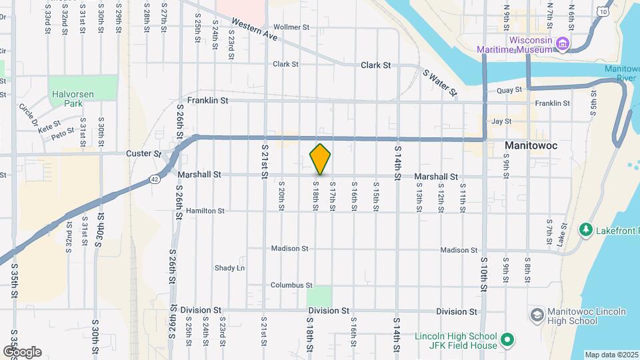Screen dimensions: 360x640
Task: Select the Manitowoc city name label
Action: [x=531, y=145]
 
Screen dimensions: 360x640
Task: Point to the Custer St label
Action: [x=143, y=154]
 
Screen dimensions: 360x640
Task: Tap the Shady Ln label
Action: [x=229, y=268]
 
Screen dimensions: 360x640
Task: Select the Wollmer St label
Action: [x=292, y=27]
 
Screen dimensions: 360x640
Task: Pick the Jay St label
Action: [x=501, y=121]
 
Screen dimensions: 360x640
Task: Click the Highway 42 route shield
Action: [x=155, y=179]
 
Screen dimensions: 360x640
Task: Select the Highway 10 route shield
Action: [x=603, y=11]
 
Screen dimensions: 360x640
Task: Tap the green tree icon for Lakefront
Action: [x=586, y=230]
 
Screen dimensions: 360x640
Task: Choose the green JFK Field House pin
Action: [x=507, y=341]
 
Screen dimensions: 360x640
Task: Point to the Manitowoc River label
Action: [x=621, y=74]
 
